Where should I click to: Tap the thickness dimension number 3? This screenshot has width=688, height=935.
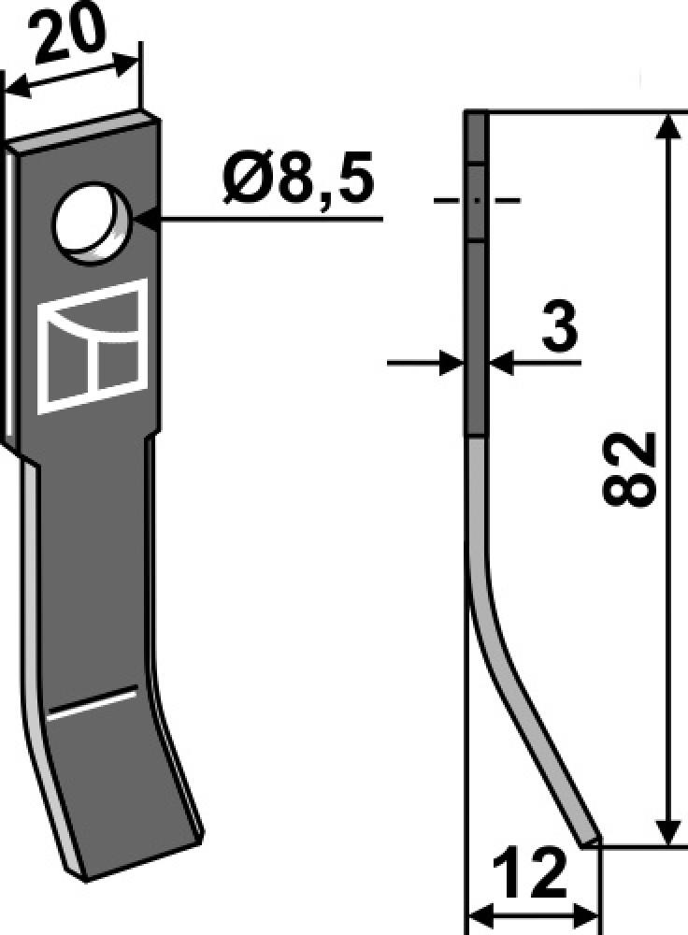coord(559,330)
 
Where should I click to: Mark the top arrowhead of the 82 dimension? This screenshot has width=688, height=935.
coord(666,126)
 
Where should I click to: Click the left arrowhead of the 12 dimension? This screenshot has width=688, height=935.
coord(478,913)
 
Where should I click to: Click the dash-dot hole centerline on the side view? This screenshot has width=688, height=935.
coord(476,200)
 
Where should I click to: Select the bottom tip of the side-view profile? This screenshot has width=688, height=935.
coord(589,841)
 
